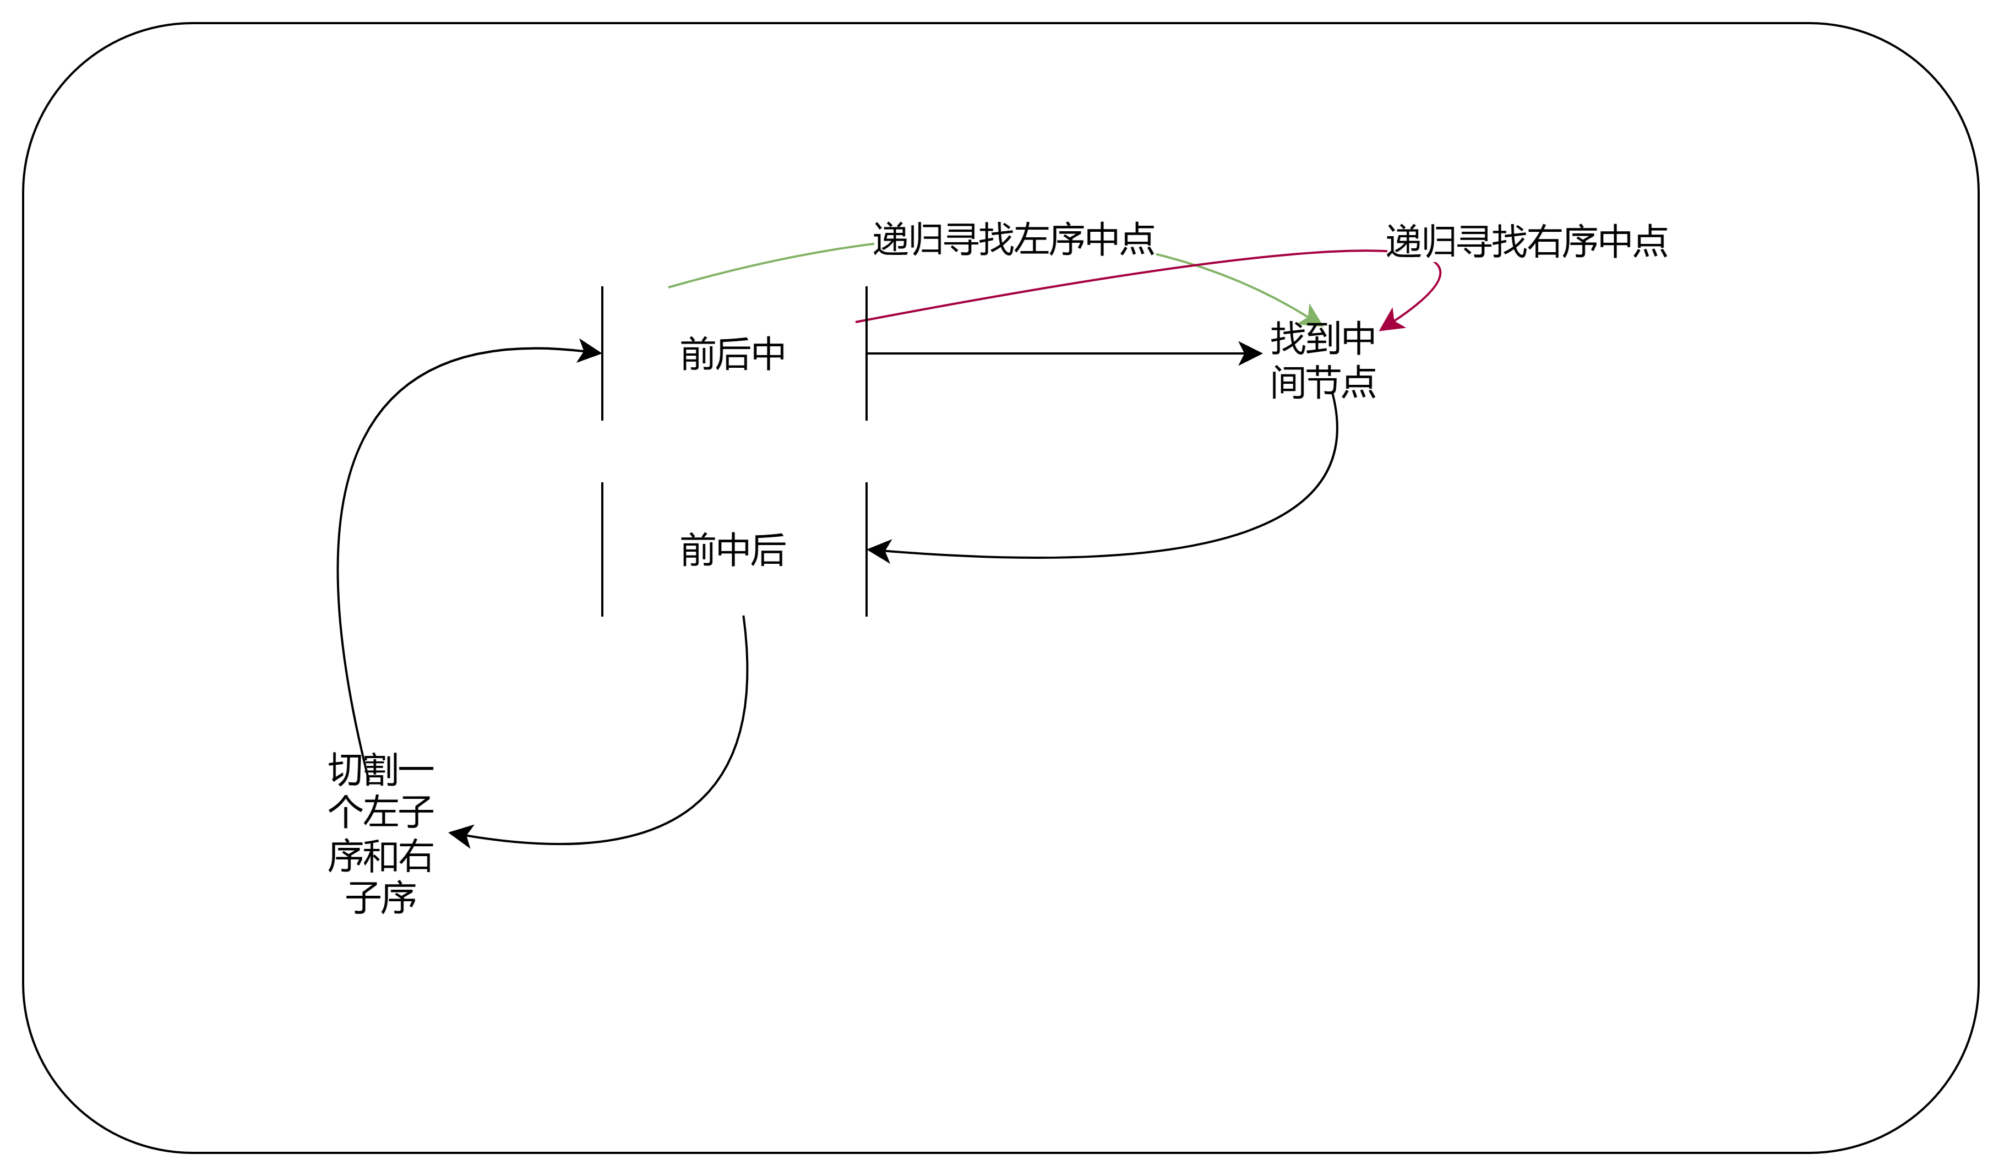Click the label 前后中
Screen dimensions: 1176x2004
pos(732,354)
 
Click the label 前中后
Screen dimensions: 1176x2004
pos(732,550)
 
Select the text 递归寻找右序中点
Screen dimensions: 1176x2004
pos(1526,241)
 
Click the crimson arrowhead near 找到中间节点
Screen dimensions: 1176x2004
pos(1390,322)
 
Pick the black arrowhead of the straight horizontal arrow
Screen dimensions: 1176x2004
pos(1250,353)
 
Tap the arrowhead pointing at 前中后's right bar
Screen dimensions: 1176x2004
pos(878,549)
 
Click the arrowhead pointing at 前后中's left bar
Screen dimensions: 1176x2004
pos(589,351)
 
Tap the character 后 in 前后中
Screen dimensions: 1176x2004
pos(732,354)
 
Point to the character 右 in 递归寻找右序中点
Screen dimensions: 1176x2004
pos(1544,241)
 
